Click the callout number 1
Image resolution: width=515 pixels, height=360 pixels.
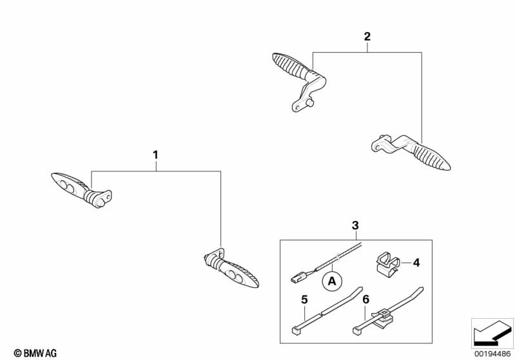155,155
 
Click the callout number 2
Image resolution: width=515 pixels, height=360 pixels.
367,37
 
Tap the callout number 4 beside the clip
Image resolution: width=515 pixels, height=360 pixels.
416,263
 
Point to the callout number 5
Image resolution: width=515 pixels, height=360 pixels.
304,299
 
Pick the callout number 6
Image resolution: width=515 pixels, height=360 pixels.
366,299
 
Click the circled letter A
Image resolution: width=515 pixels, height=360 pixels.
332,280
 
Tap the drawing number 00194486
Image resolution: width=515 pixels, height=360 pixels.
492,353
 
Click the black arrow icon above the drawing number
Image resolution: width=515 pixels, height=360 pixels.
491,334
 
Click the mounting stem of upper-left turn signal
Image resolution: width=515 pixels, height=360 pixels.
101,197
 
